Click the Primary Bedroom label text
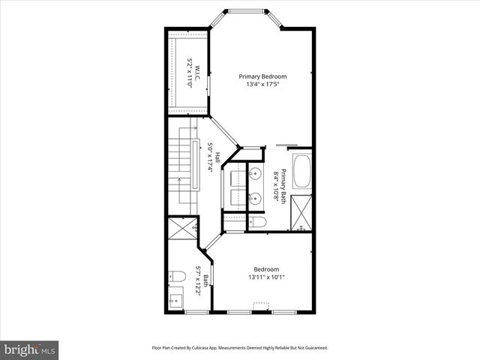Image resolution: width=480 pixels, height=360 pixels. (x=262, y=76)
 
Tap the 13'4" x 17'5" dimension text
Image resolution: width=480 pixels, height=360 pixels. (x=262, y=85)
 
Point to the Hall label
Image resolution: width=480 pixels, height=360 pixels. (x=217, y=158)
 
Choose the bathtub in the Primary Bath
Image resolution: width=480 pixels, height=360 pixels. (x=303, y=171)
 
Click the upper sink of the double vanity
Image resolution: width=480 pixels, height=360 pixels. (x=256, y=175)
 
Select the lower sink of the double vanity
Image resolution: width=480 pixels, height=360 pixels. (x=256, y=198)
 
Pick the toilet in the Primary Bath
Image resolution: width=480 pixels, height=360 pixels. (x=255, y=223)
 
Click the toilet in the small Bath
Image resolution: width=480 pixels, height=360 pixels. (x=175, y=275)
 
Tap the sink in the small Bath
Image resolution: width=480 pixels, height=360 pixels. (x=175, y=301)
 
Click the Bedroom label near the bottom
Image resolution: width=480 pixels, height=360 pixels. (x=265, y=269)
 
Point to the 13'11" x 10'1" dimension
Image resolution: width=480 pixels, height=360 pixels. (x=265, y=278)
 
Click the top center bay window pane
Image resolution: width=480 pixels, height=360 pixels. (x=247, y=11)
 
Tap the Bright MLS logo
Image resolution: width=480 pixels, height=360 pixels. (x=30, y=349)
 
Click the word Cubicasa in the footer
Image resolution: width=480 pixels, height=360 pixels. (x=214, y=348)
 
